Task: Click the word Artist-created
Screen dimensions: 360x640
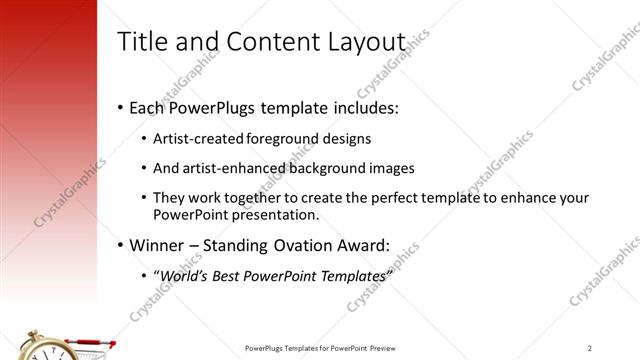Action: coord(195,139)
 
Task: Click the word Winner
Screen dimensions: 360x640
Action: coord(155,245)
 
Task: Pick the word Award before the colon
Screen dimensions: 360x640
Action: coord(361,245)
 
